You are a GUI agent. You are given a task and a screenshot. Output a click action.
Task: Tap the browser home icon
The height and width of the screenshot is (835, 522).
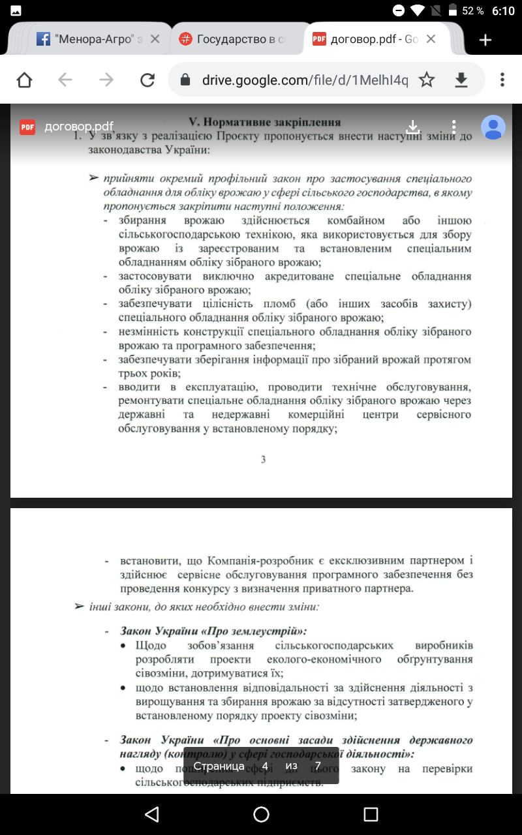pyautogui.click(x=24, y=80)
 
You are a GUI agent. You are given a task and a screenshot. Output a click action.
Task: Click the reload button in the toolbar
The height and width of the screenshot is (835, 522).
pyautogui.click(x=147, y=80)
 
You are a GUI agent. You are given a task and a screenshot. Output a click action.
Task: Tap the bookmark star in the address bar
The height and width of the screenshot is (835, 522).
pyautogui.click(x=427, y=80)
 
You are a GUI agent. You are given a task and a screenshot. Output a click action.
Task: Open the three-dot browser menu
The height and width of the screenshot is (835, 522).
pyautogui.click(x=502, y=80)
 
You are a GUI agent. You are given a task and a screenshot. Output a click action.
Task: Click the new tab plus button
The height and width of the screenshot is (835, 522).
pyautogui.click(x=485, y=40)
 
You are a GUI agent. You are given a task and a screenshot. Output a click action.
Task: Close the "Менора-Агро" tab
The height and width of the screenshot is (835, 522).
pyautogui.click(x=155, y=39)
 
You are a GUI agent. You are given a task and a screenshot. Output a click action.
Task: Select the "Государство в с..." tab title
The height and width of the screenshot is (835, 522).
pyautogui.click(x=241, y=39)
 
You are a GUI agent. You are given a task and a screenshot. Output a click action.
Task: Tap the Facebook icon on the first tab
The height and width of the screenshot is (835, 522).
pyautogui.click(x=43, y=39)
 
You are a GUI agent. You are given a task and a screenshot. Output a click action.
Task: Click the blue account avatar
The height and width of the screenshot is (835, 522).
pyautogui.click(x=493, y=127)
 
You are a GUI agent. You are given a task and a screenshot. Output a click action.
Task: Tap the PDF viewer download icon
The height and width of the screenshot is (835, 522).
pyautogui.click(x=412, y=127)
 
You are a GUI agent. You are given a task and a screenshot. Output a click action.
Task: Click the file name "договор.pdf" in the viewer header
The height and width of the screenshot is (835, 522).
pyautogui.click(x=79, y=127)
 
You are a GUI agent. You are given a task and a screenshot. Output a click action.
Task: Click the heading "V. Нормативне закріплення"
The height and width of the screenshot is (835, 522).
pyautogui.click(x=264, y=122)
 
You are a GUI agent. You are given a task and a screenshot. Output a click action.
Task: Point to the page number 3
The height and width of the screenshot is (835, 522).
pyautogui.click(x=263, y=459)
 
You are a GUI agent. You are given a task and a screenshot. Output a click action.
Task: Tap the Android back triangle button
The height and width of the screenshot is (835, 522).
pyautogui.click(x=152, y=814)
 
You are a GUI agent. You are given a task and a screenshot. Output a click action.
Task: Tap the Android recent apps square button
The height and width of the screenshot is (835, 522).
pyautogui.click(x=371, y=814)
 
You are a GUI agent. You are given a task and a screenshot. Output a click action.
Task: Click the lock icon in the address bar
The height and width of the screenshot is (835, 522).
pyautogui.click(x=185, y=80)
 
